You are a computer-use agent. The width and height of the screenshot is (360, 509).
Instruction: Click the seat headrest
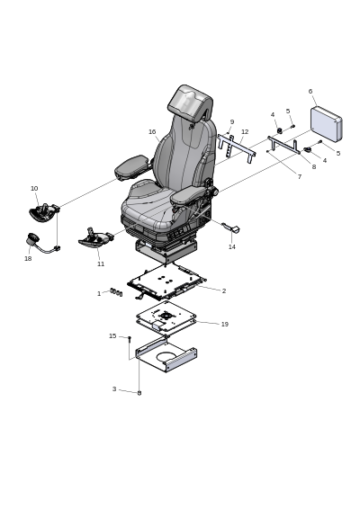point(190,102)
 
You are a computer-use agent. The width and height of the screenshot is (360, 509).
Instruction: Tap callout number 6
point(310,91)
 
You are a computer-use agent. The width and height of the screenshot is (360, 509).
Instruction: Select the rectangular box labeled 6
point(326,124)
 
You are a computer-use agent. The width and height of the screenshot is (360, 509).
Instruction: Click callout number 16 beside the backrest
point(152,132)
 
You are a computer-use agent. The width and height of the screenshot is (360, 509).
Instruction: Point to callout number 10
point(34,188)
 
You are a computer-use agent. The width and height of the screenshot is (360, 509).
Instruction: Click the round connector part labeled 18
point(31,239)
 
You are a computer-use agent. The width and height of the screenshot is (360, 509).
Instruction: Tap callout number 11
point(101,263)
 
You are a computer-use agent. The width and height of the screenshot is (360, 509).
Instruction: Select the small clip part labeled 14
point(232,228)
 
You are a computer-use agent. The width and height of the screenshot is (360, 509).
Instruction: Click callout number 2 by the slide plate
point(224,290)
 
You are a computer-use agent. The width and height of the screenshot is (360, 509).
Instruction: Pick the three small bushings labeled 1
point(116,292)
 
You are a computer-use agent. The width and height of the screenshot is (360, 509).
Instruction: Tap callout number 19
point(224,324)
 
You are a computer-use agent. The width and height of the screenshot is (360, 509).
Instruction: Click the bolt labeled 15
point(130,340)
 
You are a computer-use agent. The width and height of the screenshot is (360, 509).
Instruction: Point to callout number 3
point(114,388)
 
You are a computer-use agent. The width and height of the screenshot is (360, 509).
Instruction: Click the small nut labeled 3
point(139,393)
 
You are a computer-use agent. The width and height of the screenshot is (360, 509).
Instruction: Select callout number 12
point(245,132)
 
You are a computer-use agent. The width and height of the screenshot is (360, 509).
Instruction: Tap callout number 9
point(232,122)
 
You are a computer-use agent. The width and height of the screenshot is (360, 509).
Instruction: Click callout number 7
point(300,177)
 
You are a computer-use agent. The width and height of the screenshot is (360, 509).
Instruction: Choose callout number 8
point(314,167)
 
